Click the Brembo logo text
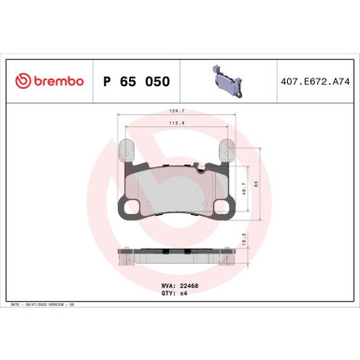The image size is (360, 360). click(53, 82)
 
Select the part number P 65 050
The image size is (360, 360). click(135, 82)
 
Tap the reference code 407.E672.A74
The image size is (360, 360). click(313, 82)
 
